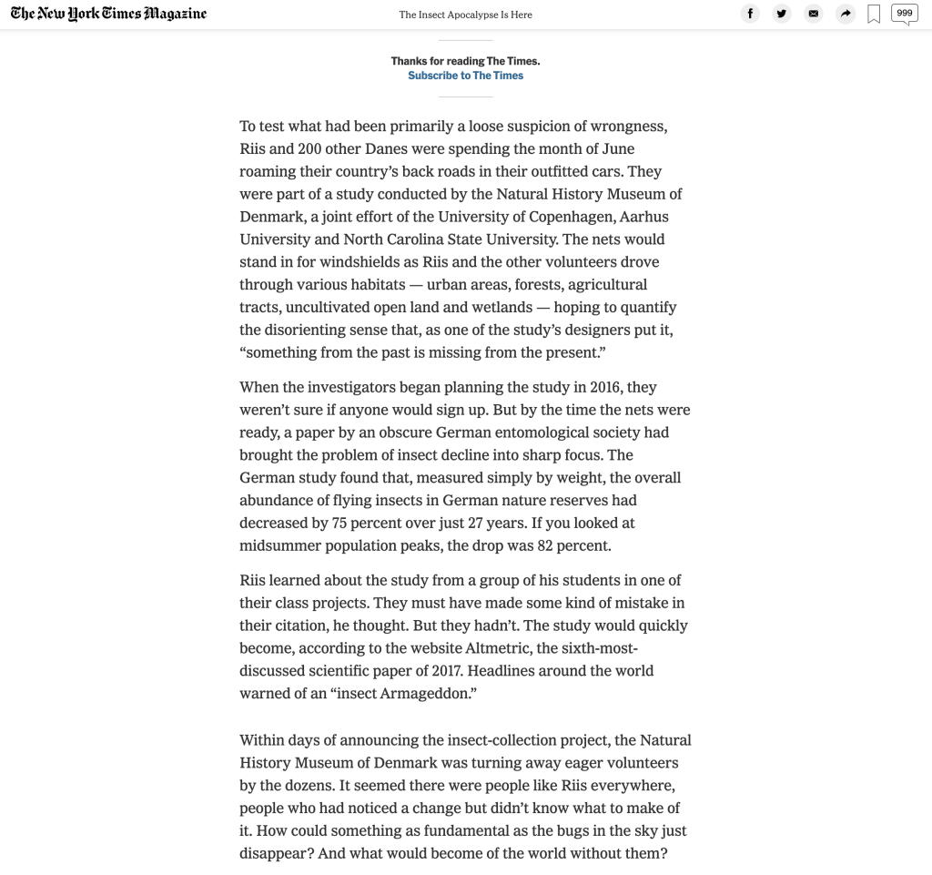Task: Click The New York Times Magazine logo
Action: click(108, 14)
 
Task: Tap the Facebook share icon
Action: click(750, 14)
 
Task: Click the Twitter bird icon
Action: click(782, 14)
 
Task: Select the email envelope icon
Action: click(814, 14)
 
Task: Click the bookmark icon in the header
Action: click(874, 15)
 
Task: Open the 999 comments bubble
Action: click(904, 14)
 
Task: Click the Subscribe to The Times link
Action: click(465, 76)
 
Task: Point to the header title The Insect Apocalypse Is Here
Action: click(465, 15)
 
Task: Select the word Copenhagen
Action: click(572, 217)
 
